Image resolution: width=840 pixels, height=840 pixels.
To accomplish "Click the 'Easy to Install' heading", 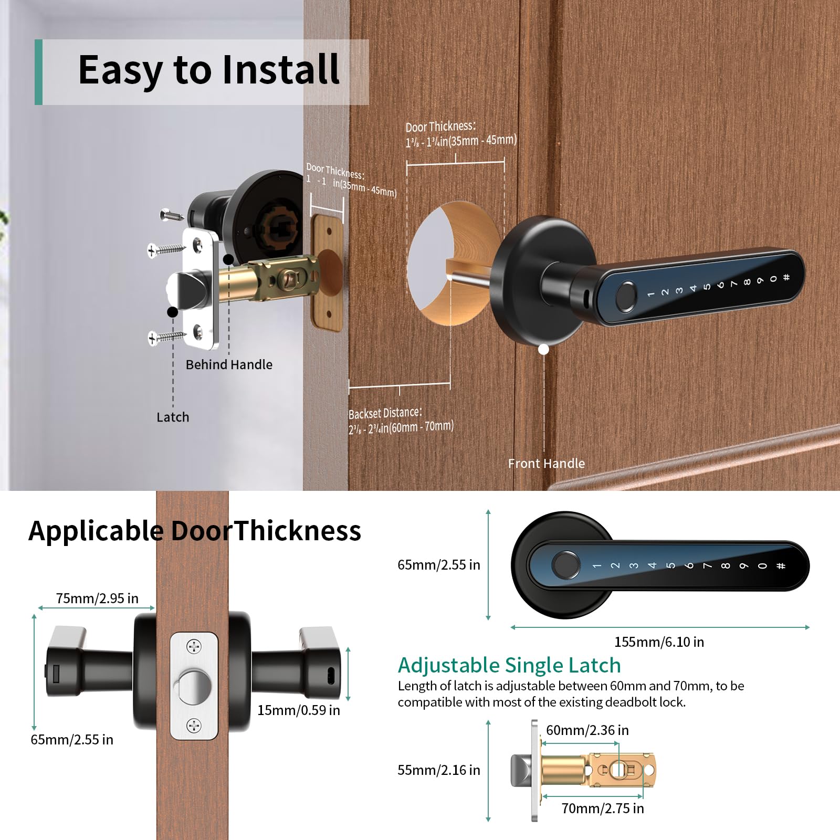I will [208, 70].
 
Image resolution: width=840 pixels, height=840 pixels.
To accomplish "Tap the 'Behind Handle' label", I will [229, 364].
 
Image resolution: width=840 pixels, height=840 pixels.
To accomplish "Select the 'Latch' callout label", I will [173, 417].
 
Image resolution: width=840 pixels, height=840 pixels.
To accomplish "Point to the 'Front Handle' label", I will [546, 463].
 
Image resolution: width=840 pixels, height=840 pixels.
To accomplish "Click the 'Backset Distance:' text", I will [385, 413].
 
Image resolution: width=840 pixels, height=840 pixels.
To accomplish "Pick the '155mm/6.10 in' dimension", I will [659, 642].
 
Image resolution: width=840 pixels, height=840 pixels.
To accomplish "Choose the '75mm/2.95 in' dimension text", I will [97, 598].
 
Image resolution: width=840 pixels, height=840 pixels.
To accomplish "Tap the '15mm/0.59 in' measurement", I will [298, 710].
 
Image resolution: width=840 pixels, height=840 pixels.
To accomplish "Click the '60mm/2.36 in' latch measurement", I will [587, 730].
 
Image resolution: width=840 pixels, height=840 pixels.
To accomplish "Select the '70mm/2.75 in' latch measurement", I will [602, 808].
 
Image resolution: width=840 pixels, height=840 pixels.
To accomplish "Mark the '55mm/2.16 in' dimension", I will [438, 770].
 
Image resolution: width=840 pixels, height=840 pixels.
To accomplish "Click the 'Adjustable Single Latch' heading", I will [509, 665].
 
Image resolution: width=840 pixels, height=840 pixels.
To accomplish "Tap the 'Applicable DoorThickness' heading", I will [195, 530].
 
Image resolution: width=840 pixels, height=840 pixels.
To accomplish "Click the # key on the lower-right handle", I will [781, 565].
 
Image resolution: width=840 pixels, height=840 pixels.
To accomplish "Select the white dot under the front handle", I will [544, 349].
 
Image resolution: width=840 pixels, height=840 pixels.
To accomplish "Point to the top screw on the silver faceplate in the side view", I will [194, 646].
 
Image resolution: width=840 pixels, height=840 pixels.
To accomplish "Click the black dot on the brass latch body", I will [228, 259].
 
